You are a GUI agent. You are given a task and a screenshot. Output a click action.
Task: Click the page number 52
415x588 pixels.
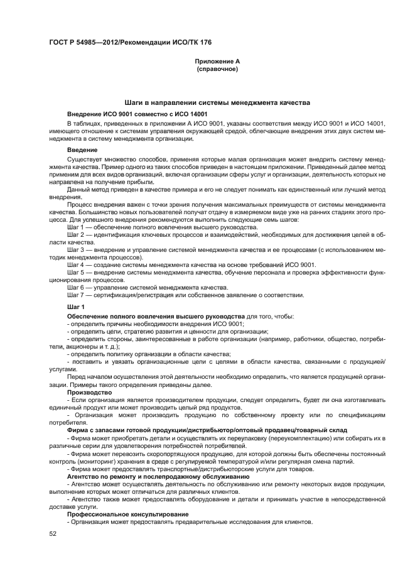tap(53, 533)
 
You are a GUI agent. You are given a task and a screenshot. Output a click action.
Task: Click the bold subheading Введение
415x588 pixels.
tap(82, 150)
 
